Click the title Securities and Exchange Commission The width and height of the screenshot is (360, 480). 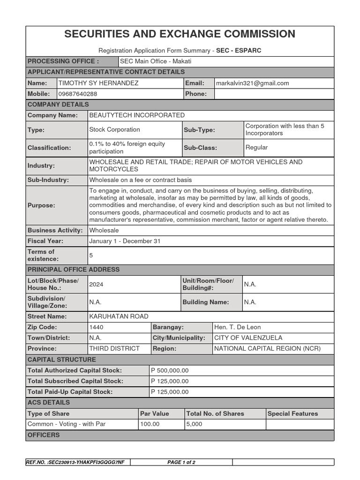180,34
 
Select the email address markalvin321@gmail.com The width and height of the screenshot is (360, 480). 252,83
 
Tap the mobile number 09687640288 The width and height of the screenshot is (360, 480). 77,94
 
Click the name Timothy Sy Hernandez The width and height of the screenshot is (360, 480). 98,83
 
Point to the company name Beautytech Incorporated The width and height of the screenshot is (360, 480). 137,115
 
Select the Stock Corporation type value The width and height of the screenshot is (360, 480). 114,130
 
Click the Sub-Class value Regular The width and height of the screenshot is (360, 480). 256,148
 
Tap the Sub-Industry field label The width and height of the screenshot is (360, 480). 48,180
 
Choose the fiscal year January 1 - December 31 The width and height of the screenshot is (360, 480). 125,241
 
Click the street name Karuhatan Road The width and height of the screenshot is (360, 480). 119,317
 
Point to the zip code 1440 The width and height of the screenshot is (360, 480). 96,327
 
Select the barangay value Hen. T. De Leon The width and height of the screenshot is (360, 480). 237,327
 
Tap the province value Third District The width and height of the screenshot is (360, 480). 114,349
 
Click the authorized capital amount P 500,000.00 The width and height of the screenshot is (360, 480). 170,370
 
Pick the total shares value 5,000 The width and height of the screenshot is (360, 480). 194,424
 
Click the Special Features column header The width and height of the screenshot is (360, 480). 292,413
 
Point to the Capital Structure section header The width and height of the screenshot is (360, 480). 61,360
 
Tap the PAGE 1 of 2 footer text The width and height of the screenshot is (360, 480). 181,462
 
